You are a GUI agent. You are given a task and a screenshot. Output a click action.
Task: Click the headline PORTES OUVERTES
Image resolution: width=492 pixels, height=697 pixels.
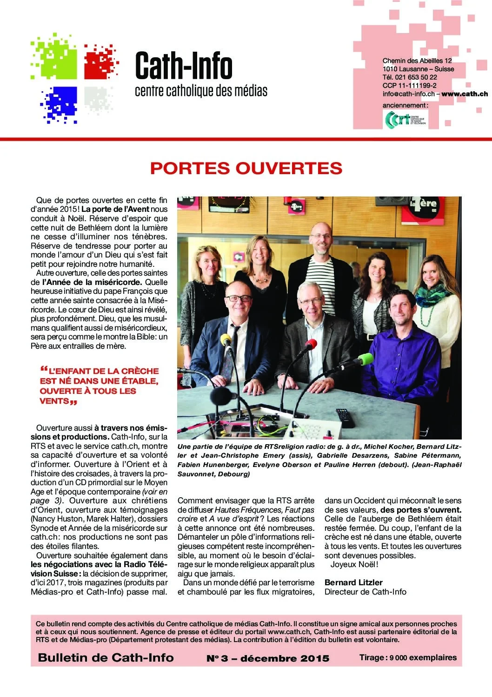[x=246, y=168]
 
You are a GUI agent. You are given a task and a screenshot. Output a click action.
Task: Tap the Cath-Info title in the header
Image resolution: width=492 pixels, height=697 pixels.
[x=184, y=66]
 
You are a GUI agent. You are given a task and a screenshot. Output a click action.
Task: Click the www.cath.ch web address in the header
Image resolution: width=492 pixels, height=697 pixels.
[x=465, y=94]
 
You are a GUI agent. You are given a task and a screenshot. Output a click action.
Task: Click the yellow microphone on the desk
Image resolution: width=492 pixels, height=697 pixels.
[x=226, y=338]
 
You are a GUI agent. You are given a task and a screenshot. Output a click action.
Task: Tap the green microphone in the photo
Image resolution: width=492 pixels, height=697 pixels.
[x=365, y=359]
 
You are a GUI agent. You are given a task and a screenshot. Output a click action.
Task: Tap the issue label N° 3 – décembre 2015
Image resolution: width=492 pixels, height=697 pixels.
[x=268, y=658]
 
